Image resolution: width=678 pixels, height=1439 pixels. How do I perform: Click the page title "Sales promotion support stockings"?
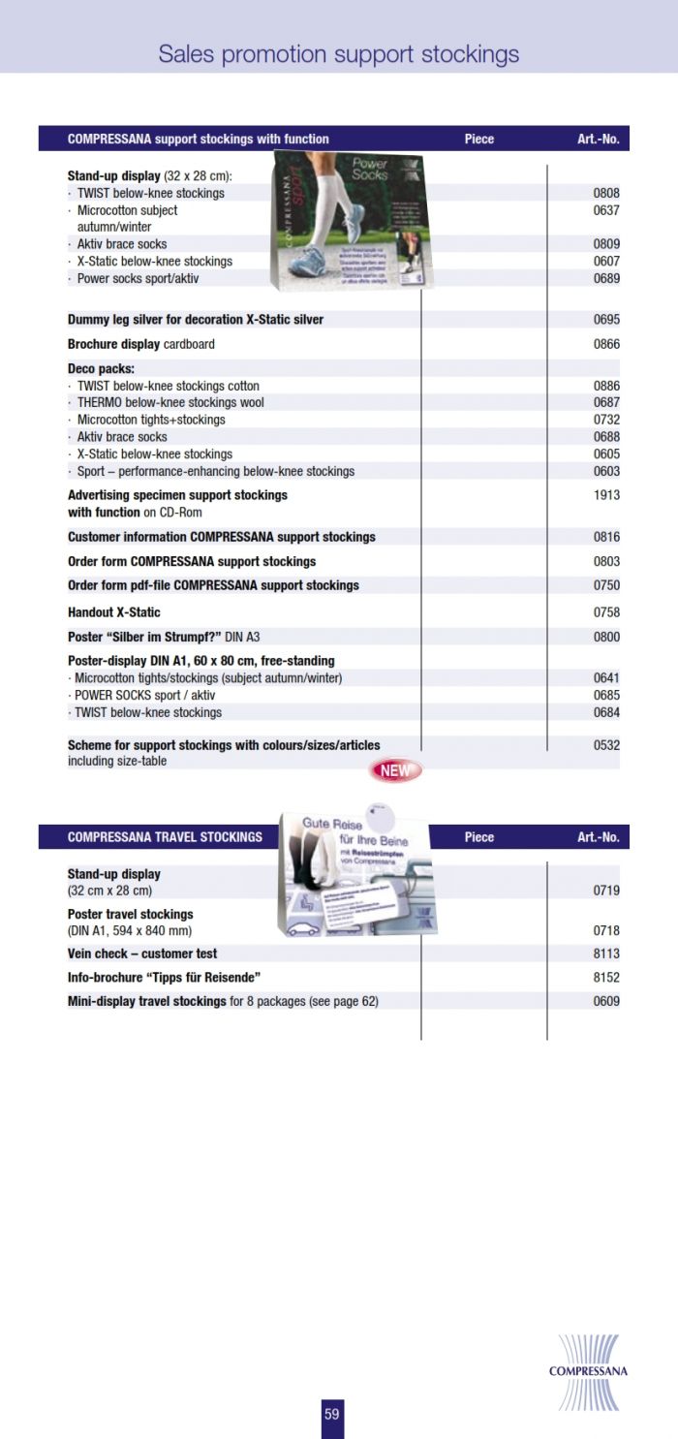click(339, 54)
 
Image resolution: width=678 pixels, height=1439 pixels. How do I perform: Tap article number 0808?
click(606, 193)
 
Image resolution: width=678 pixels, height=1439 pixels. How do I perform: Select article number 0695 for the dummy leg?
click(606, 320)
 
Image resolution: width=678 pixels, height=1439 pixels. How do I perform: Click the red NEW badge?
click(395, 771)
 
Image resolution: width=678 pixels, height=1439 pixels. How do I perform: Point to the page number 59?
click(332, 1415)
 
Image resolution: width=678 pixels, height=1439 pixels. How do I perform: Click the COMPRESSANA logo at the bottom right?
click(588, 1371)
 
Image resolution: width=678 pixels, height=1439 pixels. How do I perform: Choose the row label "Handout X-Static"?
click(114, 612)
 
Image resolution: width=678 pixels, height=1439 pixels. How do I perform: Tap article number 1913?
click(606, 495)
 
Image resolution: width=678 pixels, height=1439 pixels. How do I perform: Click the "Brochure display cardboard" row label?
click(141, 344)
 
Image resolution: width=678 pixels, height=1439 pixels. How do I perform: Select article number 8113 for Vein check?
click(606, 954)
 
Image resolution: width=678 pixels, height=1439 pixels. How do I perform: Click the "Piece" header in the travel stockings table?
click(479, 837)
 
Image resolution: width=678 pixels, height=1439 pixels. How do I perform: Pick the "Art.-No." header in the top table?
click(598, 139)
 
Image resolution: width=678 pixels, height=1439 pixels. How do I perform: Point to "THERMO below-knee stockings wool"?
click(170, 402)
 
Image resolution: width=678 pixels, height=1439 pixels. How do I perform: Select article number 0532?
click(606, 745)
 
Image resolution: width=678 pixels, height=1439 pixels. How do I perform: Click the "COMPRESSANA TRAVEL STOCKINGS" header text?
click(165, 837)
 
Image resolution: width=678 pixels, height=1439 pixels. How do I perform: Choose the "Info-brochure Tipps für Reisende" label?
click(165, 977)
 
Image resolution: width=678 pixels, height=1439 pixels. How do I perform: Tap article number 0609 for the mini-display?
click(606, 1001)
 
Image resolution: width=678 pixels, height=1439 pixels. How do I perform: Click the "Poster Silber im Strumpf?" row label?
click(164, 637)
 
